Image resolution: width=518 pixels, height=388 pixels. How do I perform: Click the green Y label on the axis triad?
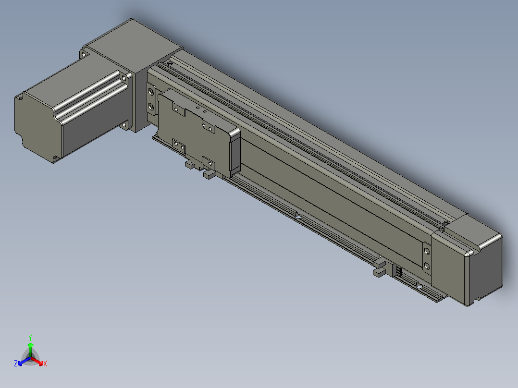[30, 338]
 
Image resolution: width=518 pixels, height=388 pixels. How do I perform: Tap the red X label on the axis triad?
[45, 364]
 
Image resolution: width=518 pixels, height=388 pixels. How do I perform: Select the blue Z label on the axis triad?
[16, 364]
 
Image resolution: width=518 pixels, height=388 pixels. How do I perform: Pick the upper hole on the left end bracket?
[151, 91]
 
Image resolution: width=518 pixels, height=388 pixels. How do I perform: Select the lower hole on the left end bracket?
[151, 107]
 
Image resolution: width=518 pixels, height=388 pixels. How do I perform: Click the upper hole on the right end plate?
[427, 251]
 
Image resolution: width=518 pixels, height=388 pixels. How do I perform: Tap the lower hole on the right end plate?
[427, 266]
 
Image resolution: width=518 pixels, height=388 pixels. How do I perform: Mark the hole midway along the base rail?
[297, 216]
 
